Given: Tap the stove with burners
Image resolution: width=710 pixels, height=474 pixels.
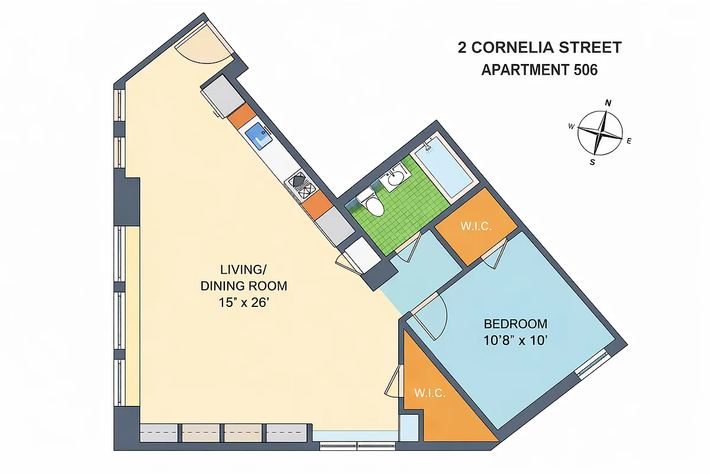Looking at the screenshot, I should tap(299, 184).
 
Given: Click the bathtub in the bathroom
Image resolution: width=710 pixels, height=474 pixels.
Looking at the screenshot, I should tap(443, 166).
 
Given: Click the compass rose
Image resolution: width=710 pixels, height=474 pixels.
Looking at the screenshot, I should tap(600, 133).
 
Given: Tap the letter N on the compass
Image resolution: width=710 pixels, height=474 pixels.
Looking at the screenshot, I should tap(608, 103).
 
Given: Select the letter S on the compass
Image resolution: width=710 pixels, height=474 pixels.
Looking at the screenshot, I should tap(592, 162).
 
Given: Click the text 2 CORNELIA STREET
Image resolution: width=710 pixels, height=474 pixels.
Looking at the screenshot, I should tap(539, 47).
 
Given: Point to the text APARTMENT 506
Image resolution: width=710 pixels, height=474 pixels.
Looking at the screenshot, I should tap(539, 70).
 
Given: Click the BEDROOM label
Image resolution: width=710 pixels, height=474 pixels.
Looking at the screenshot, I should tap(515, 324).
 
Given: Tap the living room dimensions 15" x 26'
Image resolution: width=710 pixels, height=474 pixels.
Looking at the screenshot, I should tap(244, 303).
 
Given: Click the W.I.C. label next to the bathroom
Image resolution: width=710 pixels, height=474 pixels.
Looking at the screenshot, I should tap(476, 227).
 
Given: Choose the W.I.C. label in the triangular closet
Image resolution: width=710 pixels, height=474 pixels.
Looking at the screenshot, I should tap(430, 393).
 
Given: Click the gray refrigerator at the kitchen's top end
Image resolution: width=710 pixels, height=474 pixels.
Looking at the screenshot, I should tap(221, 96).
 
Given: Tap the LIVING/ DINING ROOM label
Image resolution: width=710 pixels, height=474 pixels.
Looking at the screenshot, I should tap(244, 277).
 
